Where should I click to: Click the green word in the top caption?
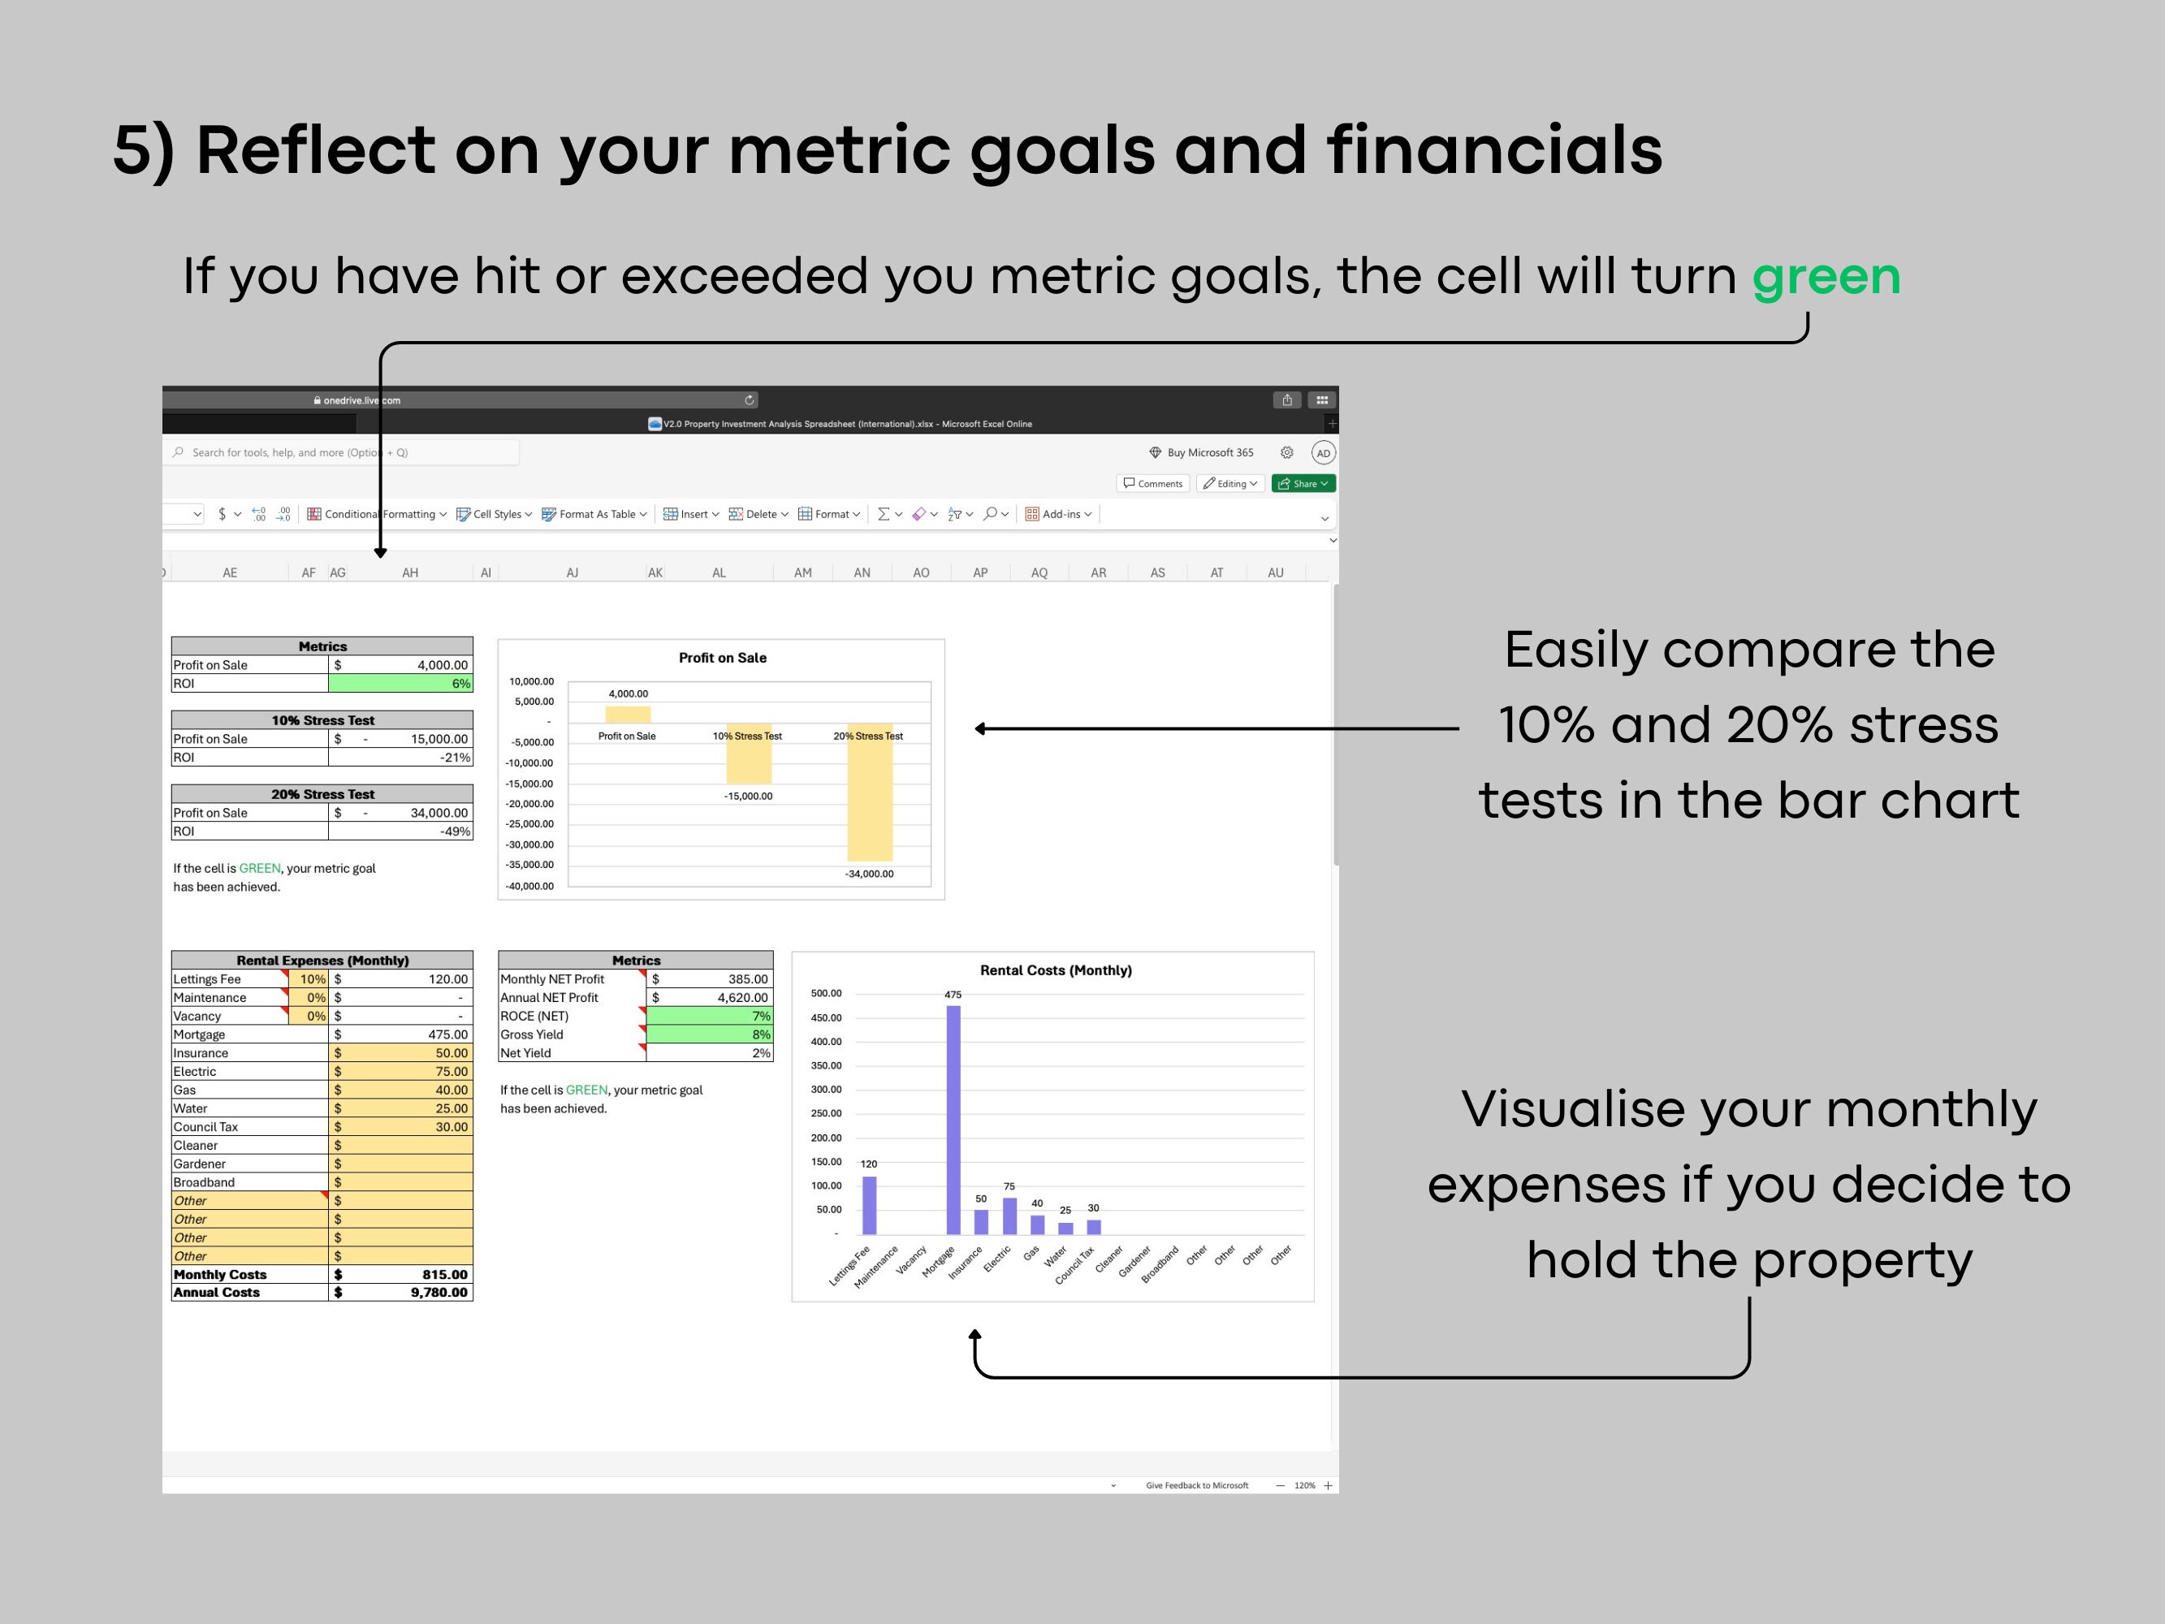(1826, 277)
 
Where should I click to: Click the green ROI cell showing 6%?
(400, 683)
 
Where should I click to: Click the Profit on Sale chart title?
(722, 658)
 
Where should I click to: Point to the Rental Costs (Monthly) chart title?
(1055, 970)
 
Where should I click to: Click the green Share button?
(1303, 484)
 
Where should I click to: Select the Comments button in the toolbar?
(1153, 484)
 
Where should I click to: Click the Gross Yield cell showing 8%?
(709, 1034)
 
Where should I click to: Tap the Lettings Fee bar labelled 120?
(869, 1205)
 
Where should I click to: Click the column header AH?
(410, 572)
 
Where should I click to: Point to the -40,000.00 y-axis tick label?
(529, 886)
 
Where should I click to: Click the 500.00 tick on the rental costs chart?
(826, 994)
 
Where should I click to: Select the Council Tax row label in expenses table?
(205, 1127)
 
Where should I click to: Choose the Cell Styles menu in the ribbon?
(495, 514)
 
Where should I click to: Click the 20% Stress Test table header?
(322, 794)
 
